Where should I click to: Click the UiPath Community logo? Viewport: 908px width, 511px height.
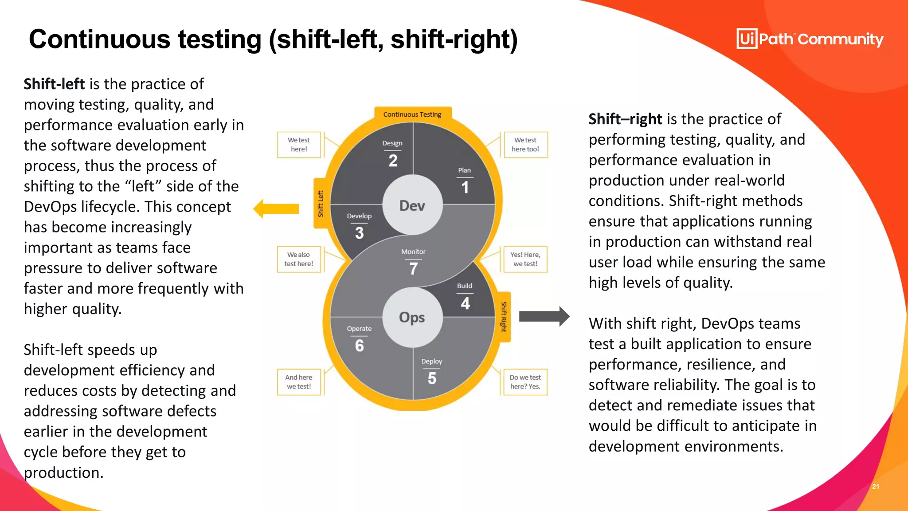tap(810, 39)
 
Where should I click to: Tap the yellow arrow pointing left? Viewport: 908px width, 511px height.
tap(276, 208)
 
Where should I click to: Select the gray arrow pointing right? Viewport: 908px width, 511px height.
tap(544, 316)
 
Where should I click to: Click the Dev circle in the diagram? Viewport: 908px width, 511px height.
tap(412, 205)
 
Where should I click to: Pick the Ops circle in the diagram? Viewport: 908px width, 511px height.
tap(412, 317)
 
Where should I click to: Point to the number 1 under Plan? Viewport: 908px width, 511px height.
tap(465, 187)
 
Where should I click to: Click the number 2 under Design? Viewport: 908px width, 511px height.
tap(393, 161)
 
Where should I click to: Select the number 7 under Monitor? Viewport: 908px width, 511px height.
tap(413, 268)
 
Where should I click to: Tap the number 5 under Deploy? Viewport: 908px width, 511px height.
tap(432, 378)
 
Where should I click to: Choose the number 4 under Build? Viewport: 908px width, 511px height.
tap(465, 303)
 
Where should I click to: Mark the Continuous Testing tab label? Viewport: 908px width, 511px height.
tap(412, 114)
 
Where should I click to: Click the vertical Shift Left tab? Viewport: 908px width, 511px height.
tap(321, 204)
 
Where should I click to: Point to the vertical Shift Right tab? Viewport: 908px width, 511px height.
tap(504, 317)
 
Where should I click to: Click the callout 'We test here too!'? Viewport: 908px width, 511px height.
tap(525, 145)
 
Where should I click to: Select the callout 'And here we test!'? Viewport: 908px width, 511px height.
tap(299, 381)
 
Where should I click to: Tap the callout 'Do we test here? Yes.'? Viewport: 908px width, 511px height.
tap(525, 381)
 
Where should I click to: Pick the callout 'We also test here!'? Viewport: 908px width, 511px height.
tap(299, 259)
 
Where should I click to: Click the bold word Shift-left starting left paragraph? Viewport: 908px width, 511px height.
tap(54, 84)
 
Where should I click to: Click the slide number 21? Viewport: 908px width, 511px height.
tap(876, 486)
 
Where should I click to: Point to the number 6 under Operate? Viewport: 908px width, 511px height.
tap(360, 346)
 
